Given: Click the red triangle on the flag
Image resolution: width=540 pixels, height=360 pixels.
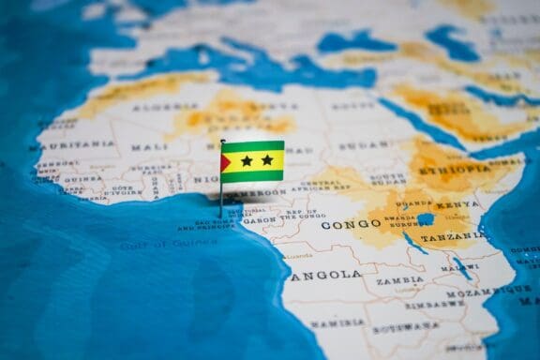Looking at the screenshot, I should tap(225, 161).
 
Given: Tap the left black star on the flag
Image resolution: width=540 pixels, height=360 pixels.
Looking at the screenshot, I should tap(247, 160).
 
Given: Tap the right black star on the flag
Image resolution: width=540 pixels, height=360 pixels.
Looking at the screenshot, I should tap(267, 160).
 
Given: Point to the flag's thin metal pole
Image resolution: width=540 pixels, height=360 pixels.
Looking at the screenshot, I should tap(221, 192).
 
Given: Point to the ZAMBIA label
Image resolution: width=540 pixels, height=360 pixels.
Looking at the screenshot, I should tap(399, 280).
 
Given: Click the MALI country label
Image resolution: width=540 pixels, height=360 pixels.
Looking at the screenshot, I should tap(149, 147).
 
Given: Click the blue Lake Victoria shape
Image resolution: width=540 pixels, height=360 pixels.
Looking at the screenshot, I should tap(425, 219).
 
